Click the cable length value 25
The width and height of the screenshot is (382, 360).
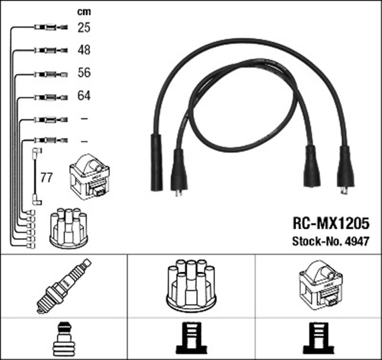[84, 27]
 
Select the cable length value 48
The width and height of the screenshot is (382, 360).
[84, 50]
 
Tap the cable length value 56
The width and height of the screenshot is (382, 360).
[84, 73]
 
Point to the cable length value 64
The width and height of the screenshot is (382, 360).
[84, 96]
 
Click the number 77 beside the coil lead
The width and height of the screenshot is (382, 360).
[46, 177]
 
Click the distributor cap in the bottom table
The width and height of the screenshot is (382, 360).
[190, 285]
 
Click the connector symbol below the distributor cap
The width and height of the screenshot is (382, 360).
[190, 339]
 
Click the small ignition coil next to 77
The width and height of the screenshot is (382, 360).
[90, 177]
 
